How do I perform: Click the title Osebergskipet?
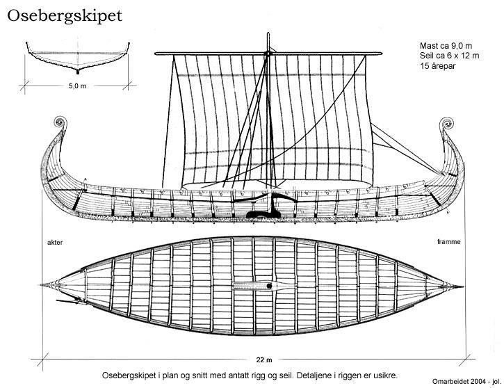65,16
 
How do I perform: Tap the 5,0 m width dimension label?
77,86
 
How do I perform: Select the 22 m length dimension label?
264,359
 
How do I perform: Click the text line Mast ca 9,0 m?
446,46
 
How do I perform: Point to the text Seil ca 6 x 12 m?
449,56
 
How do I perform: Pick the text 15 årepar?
437,65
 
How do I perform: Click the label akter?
55,243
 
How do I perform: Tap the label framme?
448,242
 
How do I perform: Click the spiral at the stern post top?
60,122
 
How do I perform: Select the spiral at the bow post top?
446,124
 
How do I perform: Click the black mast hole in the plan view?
269,286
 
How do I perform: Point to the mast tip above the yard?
268,33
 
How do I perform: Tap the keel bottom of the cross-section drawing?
77,72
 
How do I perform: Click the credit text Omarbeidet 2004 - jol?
466,382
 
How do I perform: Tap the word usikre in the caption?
386,375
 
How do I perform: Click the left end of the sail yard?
156,54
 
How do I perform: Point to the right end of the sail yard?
380,54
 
